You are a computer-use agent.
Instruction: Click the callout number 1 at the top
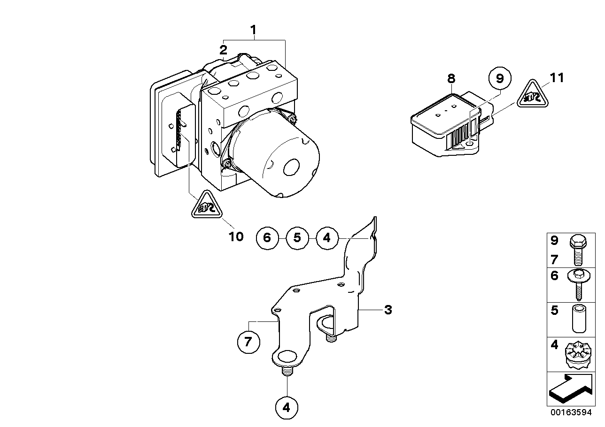(x=253, y=30)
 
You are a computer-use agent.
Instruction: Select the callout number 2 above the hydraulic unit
(x=224, y=49)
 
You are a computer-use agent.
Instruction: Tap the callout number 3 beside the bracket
(x=388, y=310)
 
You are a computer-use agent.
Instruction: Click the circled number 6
(x=267, y=238)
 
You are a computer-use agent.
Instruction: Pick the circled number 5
(x=297, y=238)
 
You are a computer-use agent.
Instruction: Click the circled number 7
(x=248, y=343)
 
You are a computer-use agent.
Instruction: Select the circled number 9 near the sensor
(x=499, y=78)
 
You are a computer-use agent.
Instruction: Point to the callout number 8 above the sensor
(x=451, y=78)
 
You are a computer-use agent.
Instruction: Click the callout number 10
(x=237, y=236)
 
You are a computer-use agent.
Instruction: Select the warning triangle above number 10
(x=206, y=206)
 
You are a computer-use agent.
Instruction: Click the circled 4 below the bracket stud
(x=287, y=408)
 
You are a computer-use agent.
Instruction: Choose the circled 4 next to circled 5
(x=327, y=238)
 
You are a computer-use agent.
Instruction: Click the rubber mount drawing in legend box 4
(x=577, y=355)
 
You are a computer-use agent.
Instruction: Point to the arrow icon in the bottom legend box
(x=569, y=389)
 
